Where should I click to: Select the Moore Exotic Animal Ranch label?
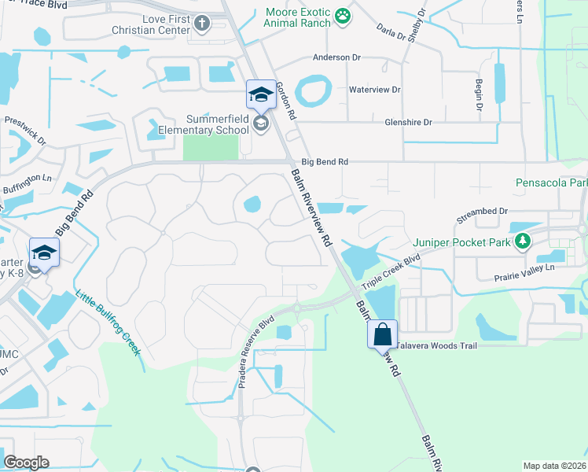(299, 17)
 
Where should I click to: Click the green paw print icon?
(342, 15)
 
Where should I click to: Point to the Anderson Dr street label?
(336, 57)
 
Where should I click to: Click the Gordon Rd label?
(285, 101)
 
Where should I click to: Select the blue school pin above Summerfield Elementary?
(260, 96)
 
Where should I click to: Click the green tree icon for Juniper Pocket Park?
(523, 241)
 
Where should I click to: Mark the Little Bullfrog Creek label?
(108, 323)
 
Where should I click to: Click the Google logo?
(26, 463)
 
